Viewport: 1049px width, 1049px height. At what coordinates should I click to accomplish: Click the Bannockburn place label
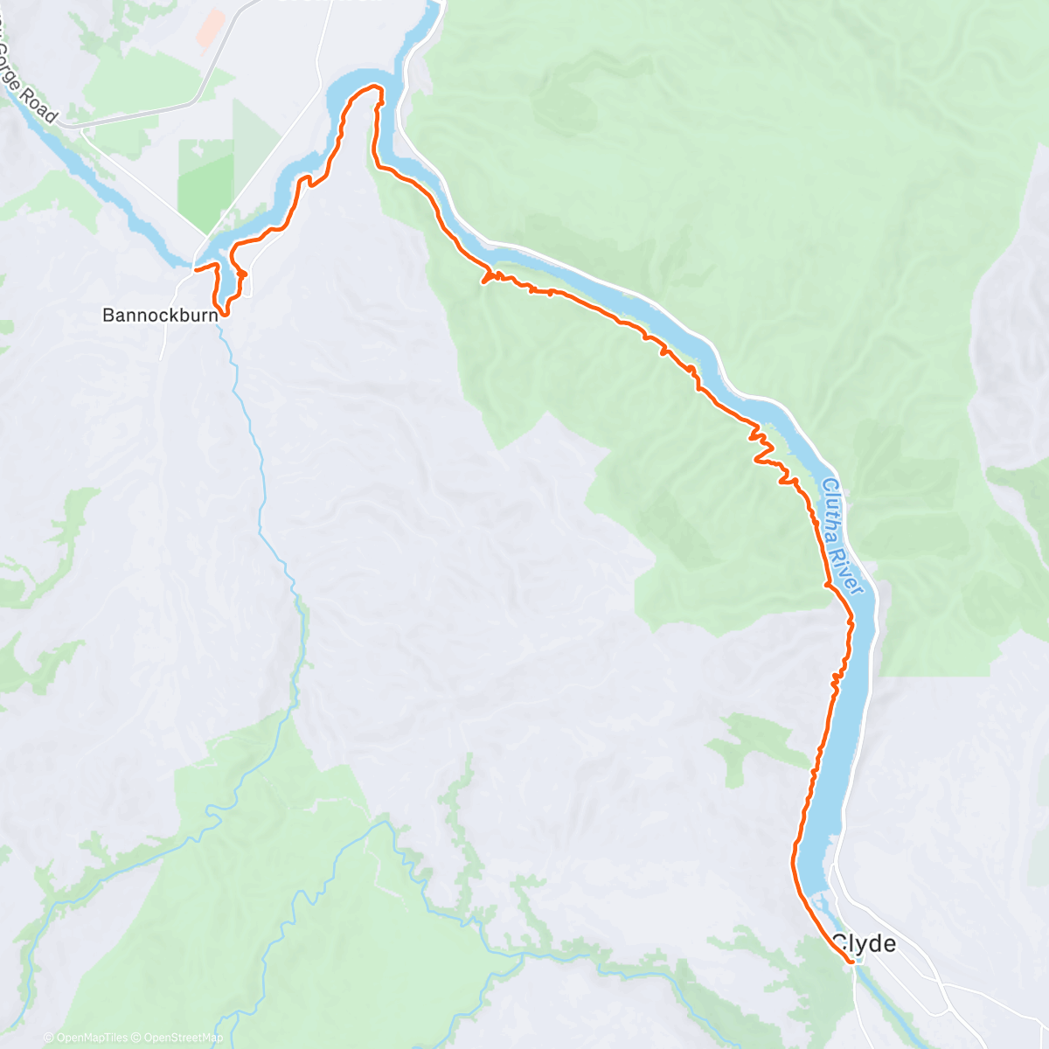click(160, 315)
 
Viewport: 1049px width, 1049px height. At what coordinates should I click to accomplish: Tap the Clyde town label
click(864, 943)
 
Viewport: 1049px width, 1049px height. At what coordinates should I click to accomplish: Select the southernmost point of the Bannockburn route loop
click(225, 314)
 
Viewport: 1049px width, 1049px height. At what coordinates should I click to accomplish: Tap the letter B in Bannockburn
click(108, 315)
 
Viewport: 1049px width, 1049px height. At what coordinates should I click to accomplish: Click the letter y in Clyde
click(860, 946)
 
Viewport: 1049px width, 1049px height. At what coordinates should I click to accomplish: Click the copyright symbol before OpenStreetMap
click(138, 1038)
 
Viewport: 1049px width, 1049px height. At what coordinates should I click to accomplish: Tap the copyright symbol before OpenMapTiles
click(48, 1038)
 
